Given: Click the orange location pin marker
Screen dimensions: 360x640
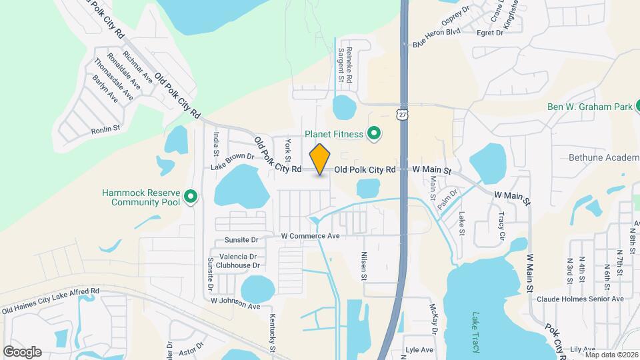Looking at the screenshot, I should (x=320, y=159).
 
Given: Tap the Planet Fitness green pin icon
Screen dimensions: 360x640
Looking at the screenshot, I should (x=373, y=133).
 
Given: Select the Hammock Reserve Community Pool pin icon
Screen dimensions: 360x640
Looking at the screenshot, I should (x=191, y=197).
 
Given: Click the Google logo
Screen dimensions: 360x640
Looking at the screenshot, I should (x=22, y=351).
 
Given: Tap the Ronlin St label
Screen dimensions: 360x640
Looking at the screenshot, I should (x=105, y=131).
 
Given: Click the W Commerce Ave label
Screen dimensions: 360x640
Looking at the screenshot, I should (x=310, y=236).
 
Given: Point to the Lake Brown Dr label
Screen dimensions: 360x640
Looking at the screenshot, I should (x=233, y=161).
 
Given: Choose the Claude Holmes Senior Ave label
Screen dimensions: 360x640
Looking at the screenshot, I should (x=579, y=299).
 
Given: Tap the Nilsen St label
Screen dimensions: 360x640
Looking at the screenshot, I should (x=365, y=265).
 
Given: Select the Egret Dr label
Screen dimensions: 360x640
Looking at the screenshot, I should (x=490, y=32).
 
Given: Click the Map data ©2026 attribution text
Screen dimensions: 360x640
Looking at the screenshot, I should (x=611, y=354).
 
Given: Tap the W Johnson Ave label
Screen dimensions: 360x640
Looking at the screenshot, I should (x=235, y=303).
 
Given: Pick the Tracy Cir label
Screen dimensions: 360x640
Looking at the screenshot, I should (x=501, y=227).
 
